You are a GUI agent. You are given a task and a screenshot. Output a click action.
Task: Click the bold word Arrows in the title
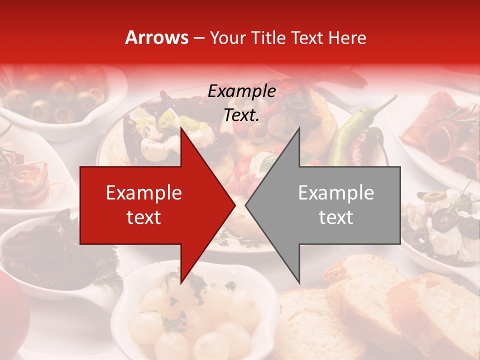coord(156,37)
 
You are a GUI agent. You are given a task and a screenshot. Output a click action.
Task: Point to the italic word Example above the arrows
coord(241,91)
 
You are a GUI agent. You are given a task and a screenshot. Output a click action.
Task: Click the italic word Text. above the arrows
coord(241,115)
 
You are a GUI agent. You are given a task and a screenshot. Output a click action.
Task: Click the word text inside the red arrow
coord(143,217)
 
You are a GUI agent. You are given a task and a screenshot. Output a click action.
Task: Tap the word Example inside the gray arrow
coord(336,193)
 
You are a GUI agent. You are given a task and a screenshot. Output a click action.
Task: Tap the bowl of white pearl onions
coord(195,312)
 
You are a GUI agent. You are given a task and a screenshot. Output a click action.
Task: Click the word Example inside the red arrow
coord(143,193)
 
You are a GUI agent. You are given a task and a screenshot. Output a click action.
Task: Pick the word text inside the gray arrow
coord(336,217)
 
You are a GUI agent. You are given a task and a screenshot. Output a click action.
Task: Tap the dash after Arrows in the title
coord(199,37)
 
